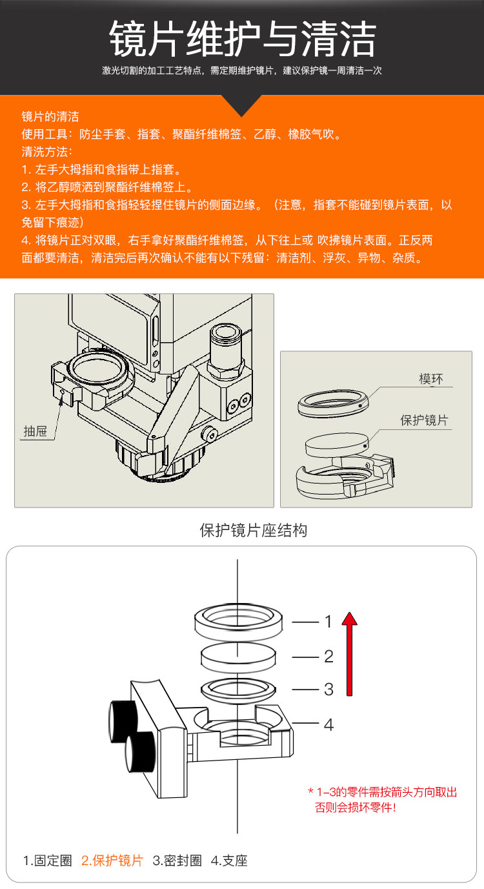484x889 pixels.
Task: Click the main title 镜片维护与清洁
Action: pos(243,39)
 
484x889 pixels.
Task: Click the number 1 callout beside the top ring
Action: pos(328,622)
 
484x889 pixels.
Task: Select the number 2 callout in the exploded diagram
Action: pos(328,657)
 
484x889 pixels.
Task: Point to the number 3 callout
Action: pos(328,690)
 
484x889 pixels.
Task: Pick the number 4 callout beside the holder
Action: pos(328,725)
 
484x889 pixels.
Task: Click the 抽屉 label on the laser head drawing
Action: pos(35,431)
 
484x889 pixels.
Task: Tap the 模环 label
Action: pos(431,379)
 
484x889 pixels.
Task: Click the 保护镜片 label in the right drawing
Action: pos(424,420)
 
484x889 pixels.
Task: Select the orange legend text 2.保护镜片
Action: pos(112,861)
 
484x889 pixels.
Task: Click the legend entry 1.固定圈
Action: pos(48,861)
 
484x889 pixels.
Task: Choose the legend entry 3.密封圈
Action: pos(177,861)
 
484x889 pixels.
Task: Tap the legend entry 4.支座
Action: pos(229,861)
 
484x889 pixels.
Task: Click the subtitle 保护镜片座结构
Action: pos(254,530)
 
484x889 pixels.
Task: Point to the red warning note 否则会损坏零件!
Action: pos(356,807)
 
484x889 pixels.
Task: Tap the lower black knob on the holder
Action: pos(139,751)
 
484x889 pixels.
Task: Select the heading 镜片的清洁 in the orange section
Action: pos(50,116)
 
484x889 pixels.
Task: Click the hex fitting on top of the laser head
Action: pos(227,351)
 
